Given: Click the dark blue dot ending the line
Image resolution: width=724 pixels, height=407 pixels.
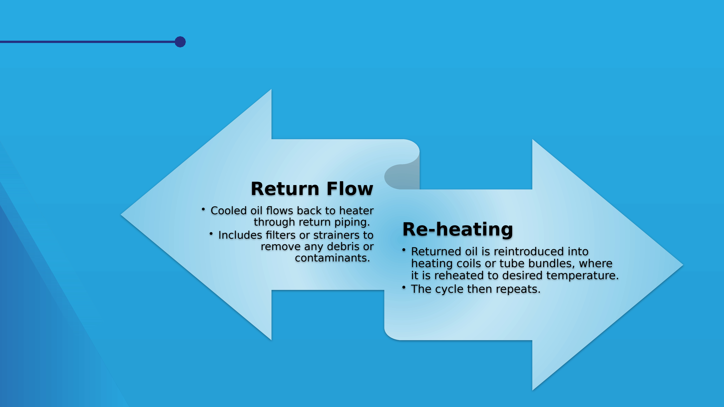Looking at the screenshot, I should pos(180,42).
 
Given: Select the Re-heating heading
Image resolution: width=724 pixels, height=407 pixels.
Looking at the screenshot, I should pos(458,230).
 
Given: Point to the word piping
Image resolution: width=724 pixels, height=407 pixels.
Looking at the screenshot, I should pos(352,222).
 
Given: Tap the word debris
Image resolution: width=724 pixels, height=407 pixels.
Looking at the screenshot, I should pos(343,247).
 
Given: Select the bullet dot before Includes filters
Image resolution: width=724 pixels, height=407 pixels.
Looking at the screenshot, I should pos(211,233).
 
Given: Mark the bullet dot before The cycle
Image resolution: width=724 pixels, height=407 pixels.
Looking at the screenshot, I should pos(404,287).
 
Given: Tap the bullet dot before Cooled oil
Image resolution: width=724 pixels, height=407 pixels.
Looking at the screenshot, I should pos(203,209).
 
